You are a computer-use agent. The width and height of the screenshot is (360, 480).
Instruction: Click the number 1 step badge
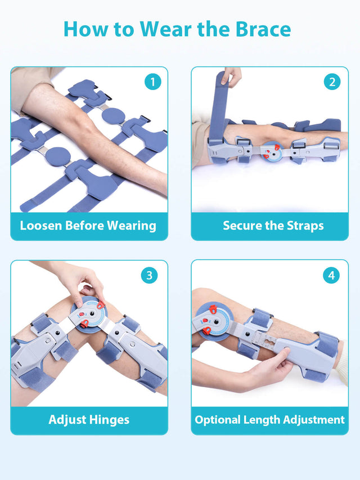pyautogui.click(x=152, y=82)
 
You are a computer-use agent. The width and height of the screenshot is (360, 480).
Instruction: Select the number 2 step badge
pyautogui.click(x=332, y=82)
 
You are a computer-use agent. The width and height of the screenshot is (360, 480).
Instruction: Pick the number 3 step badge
pyautogui.click(x=149, y=275)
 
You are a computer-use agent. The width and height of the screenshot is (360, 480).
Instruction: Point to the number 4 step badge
pyautogui.click(x=331, y=276)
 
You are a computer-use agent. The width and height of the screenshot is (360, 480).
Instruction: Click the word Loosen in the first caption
pyautogui.click(x=40, y=226)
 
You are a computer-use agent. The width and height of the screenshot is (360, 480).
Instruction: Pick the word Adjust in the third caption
pyautogui.click(x=67, y=419)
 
